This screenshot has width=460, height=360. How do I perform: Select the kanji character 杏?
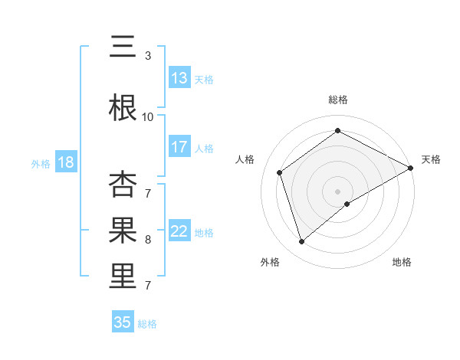pos(122,185)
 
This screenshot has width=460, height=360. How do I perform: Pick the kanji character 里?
pos(122,277)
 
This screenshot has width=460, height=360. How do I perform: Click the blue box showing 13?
pos(179,78)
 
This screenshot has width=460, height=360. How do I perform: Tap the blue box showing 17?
pos(179,147)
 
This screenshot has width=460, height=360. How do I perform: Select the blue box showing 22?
pos(179,231)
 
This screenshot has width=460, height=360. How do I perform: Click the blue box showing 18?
pos(65,162)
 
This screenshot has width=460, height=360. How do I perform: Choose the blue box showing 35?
pos(123,322)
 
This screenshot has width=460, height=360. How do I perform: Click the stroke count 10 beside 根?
pos(147,117)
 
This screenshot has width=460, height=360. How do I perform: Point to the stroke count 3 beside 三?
pos(147,56)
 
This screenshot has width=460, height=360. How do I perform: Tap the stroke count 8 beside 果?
pos(147,240)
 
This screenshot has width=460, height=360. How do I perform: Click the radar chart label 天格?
pos(431,159)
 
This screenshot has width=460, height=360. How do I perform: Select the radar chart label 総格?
pos(337,100)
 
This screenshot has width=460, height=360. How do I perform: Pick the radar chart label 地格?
pos(402,262)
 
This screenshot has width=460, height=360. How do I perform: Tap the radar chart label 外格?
pos(270,262)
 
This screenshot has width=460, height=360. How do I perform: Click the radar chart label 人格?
pos(245,159)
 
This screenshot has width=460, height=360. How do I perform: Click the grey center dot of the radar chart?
pos(337,191)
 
